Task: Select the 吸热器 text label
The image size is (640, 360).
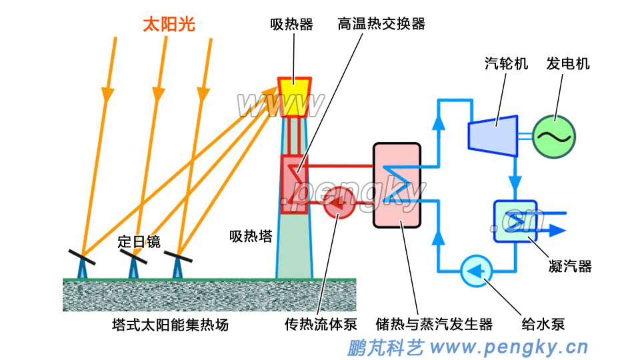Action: coord(291,25)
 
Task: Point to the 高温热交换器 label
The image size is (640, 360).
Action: coord(381,25)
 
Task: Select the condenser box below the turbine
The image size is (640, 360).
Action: coord(515,221)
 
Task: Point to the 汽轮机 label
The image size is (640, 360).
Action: coord(506,64)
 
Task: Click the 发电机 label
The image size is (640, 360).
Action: coord(568,64)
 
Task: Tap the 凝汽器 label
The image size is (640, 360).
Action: coord(571,267)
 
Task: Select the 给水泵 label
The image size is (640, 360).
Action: coord(543,325)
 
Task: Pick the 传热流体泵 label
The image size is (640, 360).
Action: coord(321,325)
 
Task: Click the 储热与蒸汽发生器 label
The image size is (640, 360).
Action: coord(434,325)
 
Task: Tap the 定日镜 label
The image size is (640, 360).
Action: coord(139,241)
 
